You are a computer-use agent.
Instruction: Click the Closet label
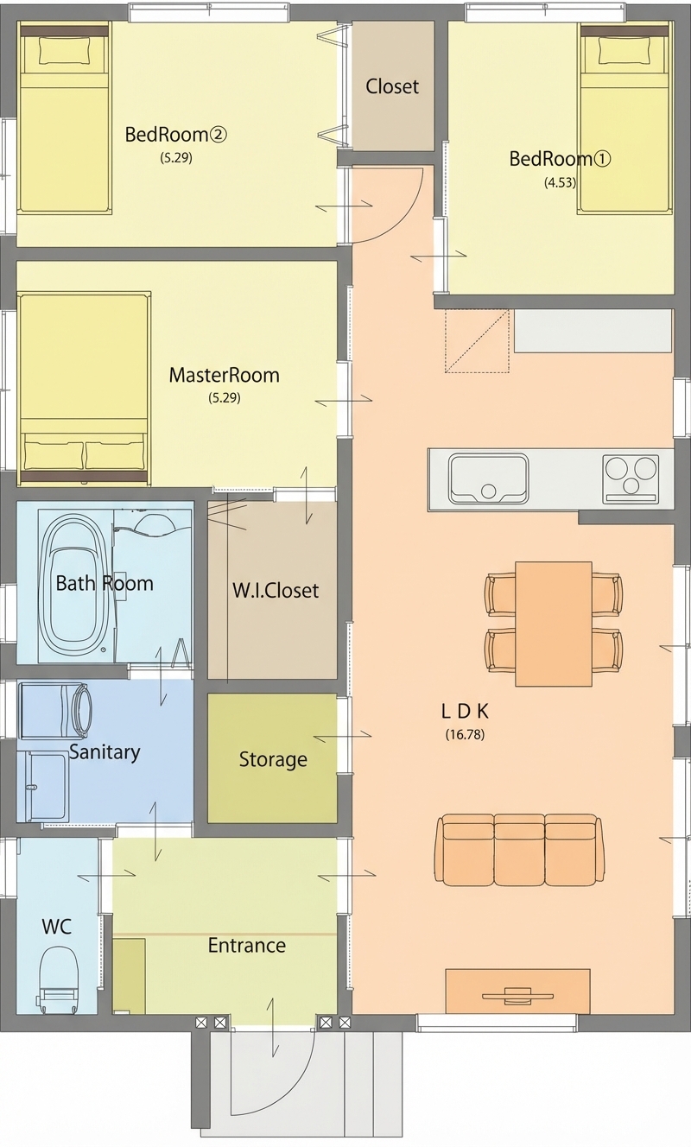click(x=392, y=86)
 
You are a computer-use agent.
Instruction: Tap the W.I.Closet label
click(x=276, y=591)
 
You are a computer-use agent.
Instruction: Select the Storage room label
click(x=273, y=759)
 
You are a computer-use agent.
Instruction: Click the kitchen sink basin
click(x=488, y=478)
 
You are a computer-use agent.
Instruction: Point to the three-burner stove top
click(x=630, y=478)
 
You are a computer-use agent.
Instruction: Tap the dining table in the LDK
click(x=554, y=624)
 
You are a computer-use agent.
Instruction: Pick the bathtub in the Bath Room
click(x=74, y=584)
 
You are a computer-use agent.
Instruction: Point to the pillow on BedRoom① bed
click(x=624, y=52)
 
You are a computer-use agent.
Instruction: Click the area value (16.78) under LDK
click(x=465, y=734)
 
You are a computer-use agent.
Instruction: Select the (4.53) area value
click(x=560, y=183)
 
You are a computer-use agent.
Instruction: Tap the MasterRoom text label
click(x=225, y=376)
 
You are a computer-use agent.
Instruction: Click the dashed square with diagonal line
click(x=477, y=340)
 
